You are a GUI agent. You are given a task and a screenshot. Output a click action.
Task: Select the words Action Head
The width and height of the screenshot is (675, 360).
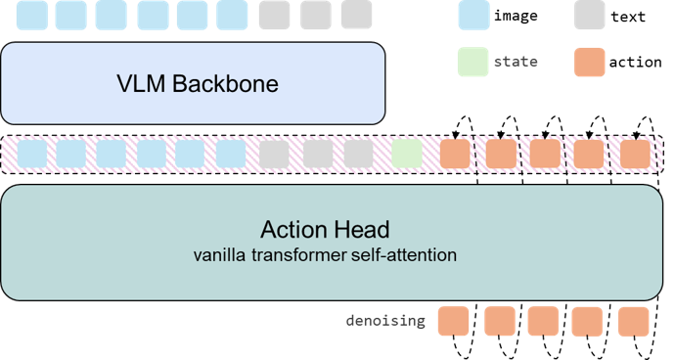click(x=325, y=231)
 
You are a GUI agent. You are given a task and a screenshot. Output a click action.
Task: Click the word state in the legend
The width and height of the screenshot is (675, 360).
click(x=515, y=62)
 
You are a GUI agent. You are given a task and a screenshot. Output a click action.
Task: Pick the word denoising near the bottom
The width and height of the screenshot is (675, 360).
click(x=385, y=320)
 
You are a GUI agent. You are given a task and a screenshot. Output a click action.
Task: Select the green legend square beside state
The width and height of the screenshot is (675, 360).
click(x=472, y=62)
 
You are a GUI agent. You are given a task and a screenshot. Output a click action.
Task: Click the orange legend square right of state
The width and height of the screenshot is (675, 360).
click(x=590, y=62)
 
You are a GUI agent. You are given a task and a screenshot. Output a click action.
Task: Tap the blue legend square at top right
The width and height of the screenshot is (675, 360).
click(x=473, y=15)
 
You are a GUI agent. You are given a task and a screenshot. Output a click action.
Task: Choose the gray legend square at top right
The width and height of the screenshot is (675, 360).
click(x=589, y=15)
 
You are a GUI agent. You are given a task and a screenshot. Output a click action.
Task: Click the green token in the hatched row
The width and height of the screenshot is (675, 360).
click(x=406, y=154)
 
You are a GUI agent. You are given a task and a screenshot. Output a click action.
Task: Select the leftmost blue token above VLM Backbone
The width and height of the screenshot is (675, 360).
click(x=28, y=15)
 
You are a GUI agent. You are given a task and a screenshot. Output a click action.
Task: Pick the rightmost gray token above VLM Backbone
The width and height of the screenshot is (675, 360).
click(x=356, y=15)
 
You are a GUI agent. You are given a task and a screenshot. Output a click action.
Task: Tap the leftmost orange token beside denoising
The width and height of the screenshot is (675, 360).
click(x=453, y=321)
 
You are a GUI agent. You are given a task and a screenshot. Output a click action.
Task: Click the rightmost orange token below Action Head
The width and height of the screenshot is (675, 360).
click(x=633, y=321)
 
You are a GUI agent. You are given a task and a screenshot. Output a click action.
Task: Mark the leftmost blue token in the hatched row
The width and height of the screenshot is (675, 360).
click(x=32, y=154)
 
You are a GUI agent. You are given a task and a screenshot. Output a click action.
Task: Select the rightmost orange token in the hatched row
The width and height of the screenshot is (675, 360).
click(x=635, y=154)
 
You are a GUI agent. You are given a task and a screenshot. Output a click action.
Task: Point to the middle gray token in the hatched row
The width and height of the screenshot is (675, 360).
click(x=317, y=154)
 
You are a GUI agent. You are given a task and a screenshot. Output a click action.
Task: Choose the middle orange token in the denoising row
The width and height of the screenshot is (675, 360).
click(x=543, y=321)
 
